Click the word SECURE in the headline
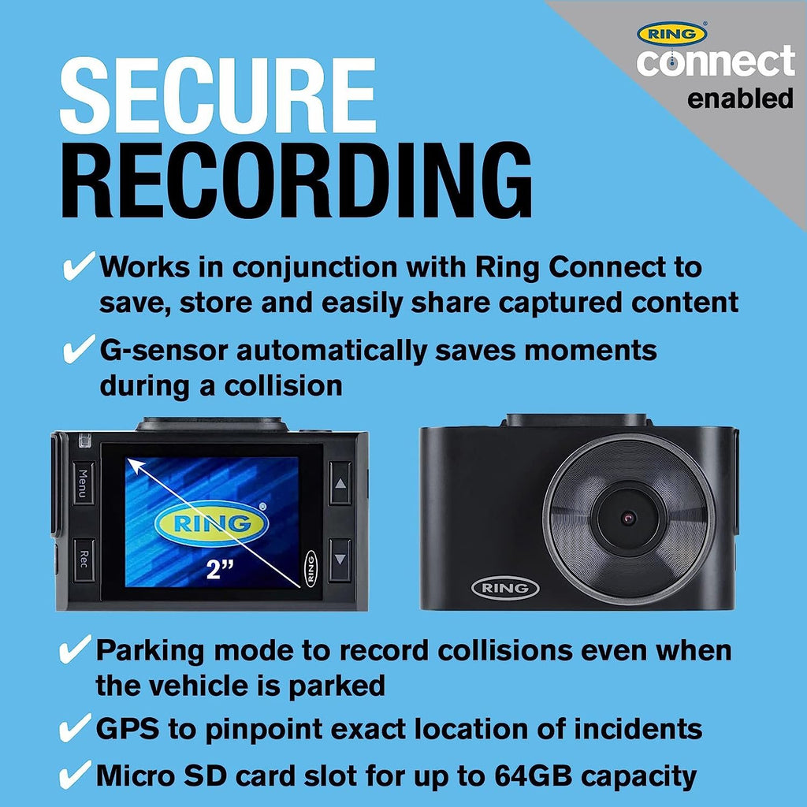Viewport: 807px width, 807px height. [218, 95]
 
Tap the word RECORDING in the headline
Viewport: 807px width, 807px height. [296, 180]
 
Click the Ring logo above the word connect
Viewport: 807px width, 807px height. [671, 33]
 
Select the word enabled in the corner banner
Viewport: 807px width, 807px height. [740, 99]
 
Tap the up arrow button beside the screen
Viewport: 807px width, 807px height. [340, 483]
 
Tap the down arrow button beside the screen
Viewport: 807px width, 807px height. [340, 560]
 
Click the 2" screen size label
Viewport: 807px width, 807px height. [220, 569]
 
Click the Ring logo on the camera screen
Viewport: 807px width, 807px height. [211, 523]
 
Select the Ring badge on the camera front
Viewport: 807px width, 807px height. [505, 588]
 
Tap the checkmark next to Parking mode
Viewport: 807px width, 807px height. [76, 649]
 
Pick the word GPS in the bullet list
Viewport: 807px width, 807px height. [128, 729]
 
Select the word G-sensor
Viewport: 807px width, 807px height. [164, 351]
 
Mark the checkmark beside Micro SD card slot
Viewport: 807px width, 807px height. [76, 775]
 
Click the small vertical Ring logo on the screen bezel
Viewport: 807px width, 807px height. [311, 568]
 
